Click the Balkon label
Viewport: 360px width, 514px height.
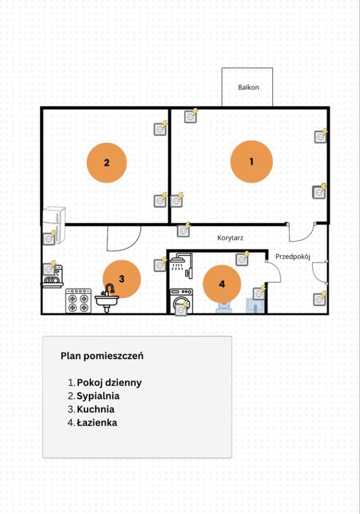[248, 87]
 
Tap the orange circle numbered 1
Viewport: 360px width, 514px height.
[251, 162]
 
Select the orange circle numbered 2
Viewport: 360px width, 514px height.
[107, 163]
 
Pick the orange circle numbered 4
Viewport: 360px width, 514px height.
[222, 284]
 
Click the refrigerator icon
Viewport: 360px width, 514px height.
[54, 224]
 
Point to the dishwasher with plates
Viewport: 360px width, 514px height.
[53, 277]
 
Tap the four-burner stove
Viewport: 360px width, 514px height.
[78, 300]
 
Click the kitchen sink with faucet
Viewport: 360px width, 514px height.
[107, 298]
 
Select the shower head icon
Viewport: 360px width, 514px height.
[178, 262]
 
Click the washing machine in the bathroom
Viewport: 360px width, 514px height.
[181, 301]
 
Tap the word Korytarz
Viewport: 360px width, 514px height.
[230, 238]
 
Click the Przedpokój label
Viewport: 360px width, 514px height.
[293, 256]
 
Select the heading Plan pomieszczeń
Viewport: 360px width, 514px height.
[102, 356]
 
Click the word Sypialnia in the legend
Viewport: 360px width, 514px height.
[98, 396]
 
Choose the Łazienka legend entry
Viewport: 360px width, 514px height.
[97, 422]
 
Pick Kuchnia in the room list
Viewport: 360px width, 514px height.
[96, 409]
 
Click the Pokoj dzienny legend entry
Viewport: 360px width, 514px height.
[109, 382]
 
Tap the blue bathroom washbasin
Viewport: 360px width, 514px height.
[256, 306]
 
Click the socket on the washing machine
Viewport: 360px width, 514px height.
[182, 308]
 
